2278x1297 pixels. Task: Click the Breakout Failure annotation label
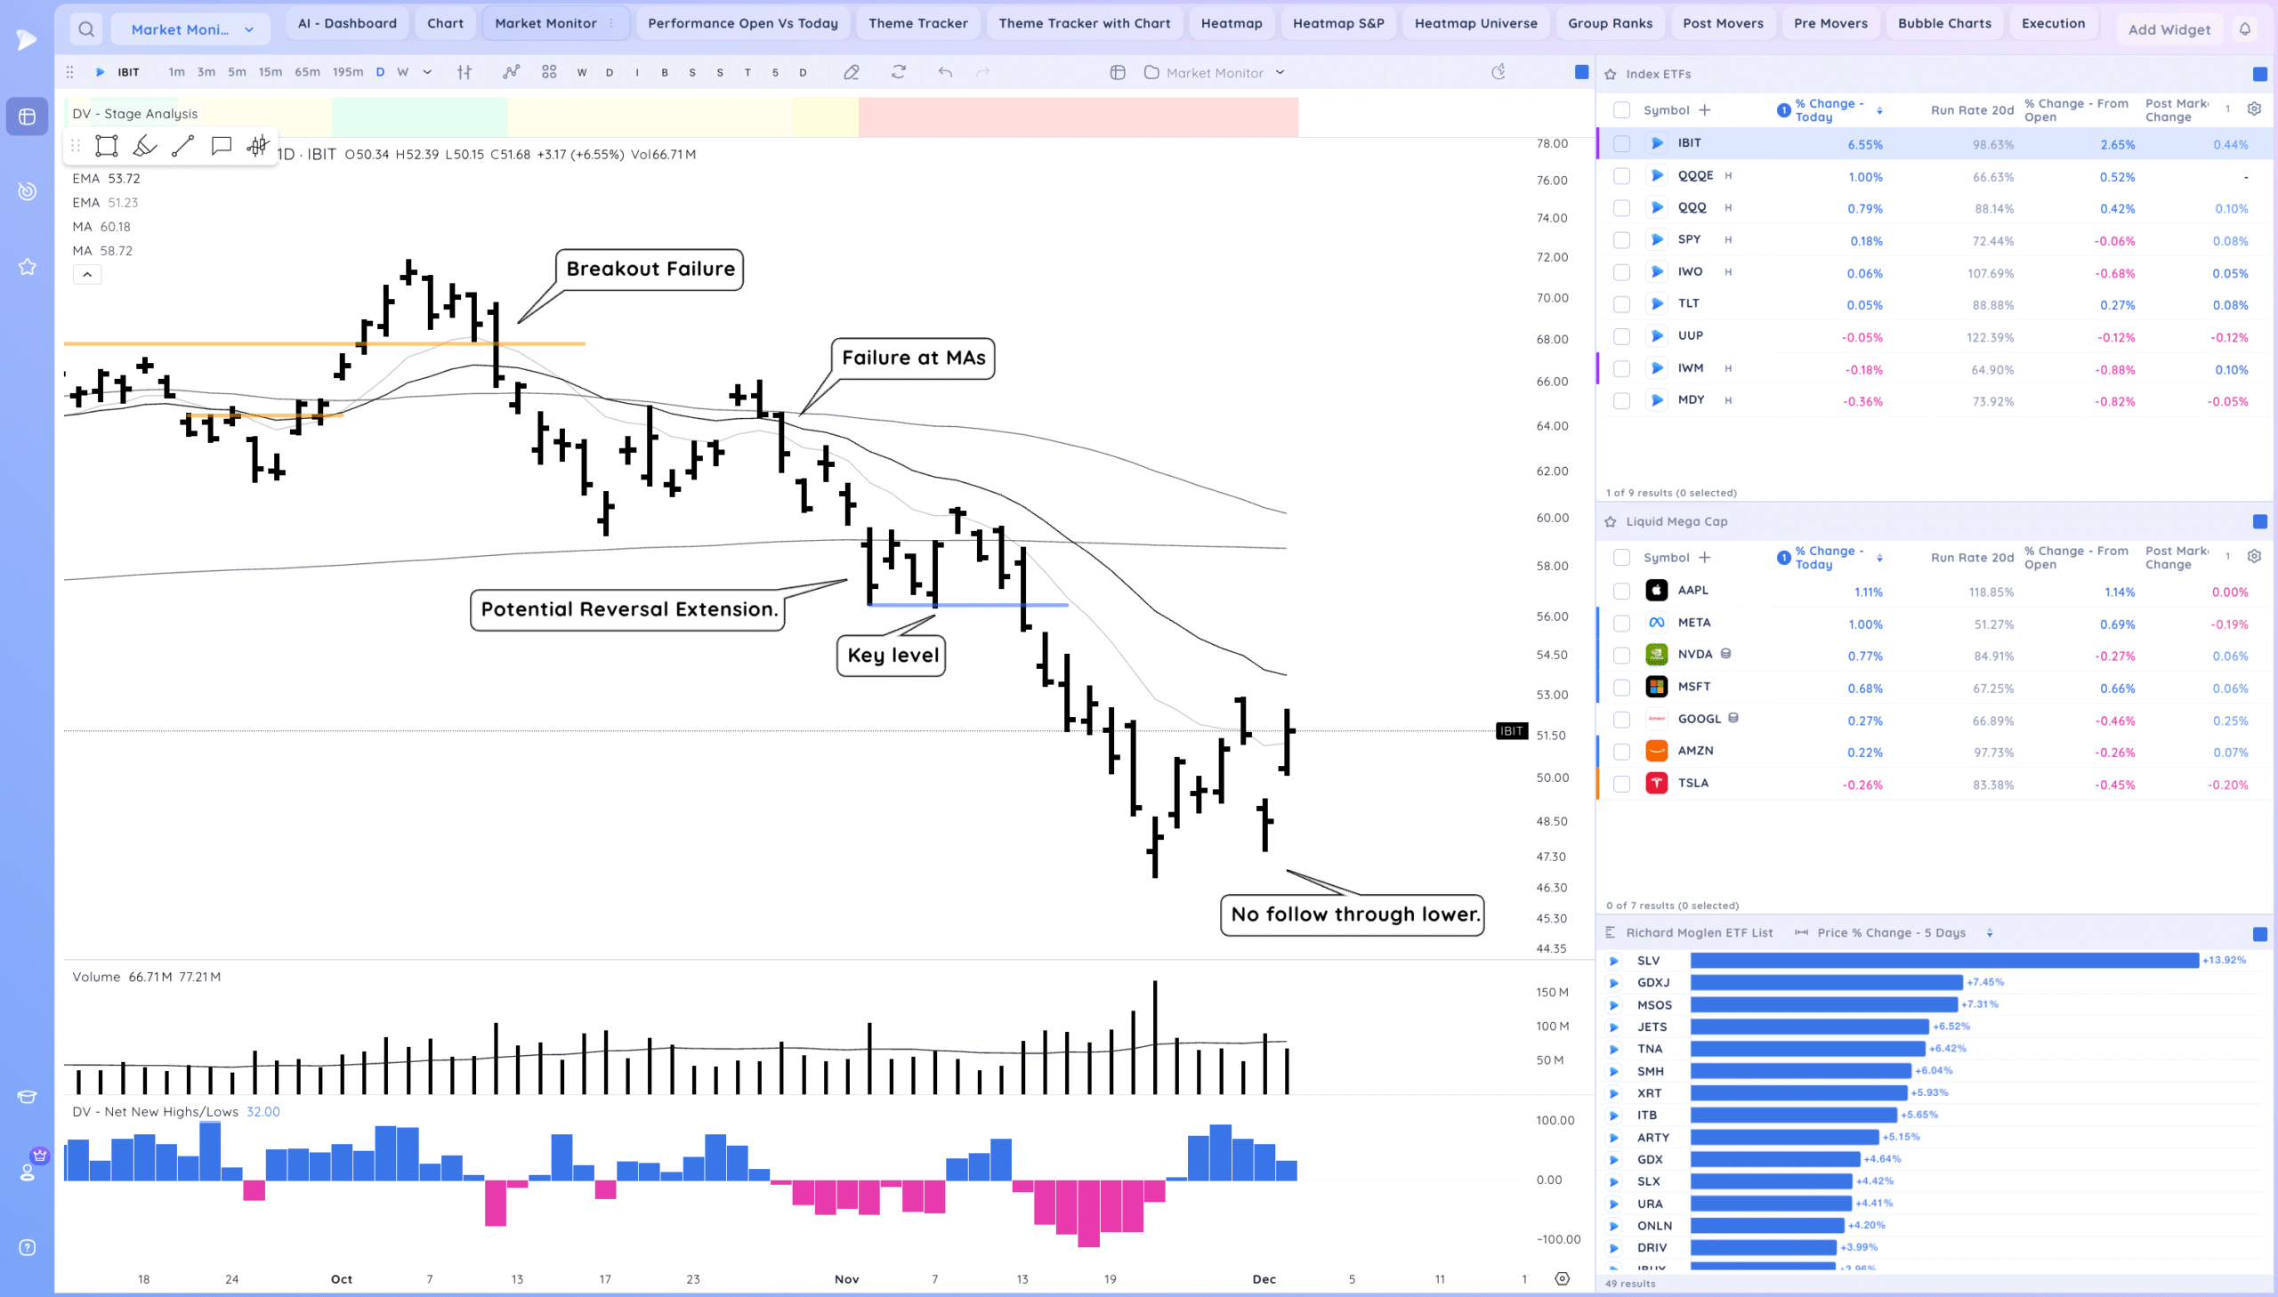coord(650,269)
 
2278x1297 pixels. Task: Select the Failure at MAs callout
coord(913,358)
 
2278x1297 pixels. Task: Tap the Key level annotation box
coord(892,656)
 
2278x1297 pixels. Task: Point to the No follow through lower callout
coord(1353,914)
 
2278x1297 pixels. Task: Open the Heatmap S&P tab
coord(1337,23)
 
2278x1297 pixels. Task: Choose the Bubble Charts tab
coord(1943,23)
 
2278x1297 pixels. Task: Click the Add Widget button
coord(2169,29)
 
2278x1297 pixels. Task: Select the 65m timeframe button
coord(306,72)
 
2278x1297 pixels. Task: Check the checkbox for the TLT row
coord(1621,304)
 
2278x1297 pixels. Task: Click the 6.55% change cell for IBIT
coord(1864,144)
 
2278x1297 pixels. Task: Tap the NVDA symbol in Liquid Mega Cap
coord(1694,655)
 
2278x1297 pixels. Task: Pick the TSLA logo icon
coord(1656,784)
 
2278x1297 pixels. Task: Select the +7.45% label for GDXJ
coord(1985,983)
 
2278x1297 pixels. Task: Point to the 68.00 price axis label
coord(1552,340)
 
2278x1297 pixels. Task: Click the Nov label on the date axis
coord(846,1279)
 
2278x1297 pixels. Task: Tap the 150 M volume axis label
coord(1552,993)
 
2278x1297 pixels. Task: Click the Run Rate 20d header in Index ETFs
coord(1972,110)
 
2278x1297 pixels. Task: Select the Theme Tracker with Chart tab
coord(1083,23)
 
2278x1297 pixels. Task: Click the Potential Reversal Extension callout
coord(628,609)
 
